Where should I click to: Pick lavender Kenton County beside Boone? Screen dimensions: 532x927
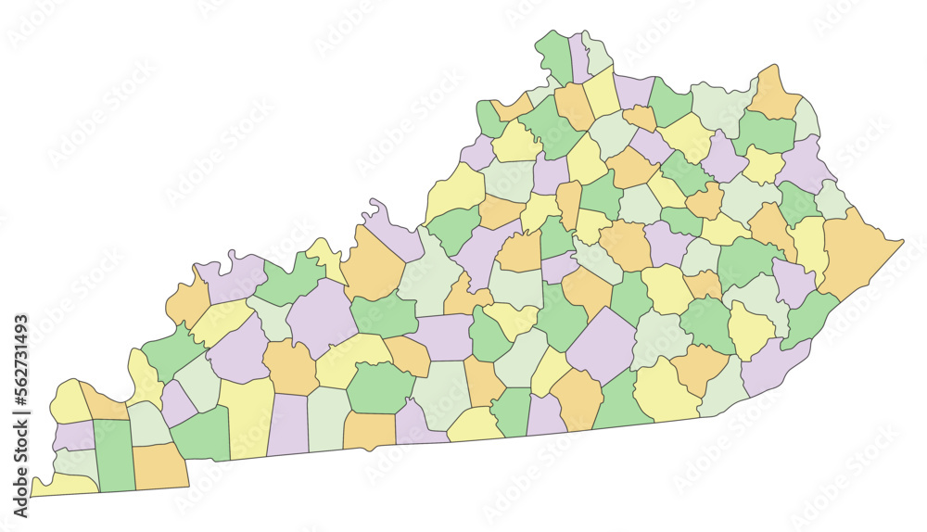579,57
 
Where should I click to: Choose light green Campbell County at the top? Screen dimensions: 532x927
597,54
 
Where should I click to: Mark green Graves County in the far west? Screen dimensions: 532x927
114,454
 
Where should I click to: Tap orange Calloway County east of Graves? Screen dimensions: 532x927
159,465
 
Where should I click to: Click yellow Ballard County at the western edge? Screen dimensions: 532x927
70,402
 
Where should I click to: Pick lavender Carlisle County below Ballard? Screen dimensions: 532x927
72,435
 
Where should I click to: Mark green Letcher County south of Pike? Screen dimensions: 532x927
807,316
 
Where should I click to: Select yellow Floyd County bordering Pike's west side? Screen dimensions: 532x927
809,245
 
